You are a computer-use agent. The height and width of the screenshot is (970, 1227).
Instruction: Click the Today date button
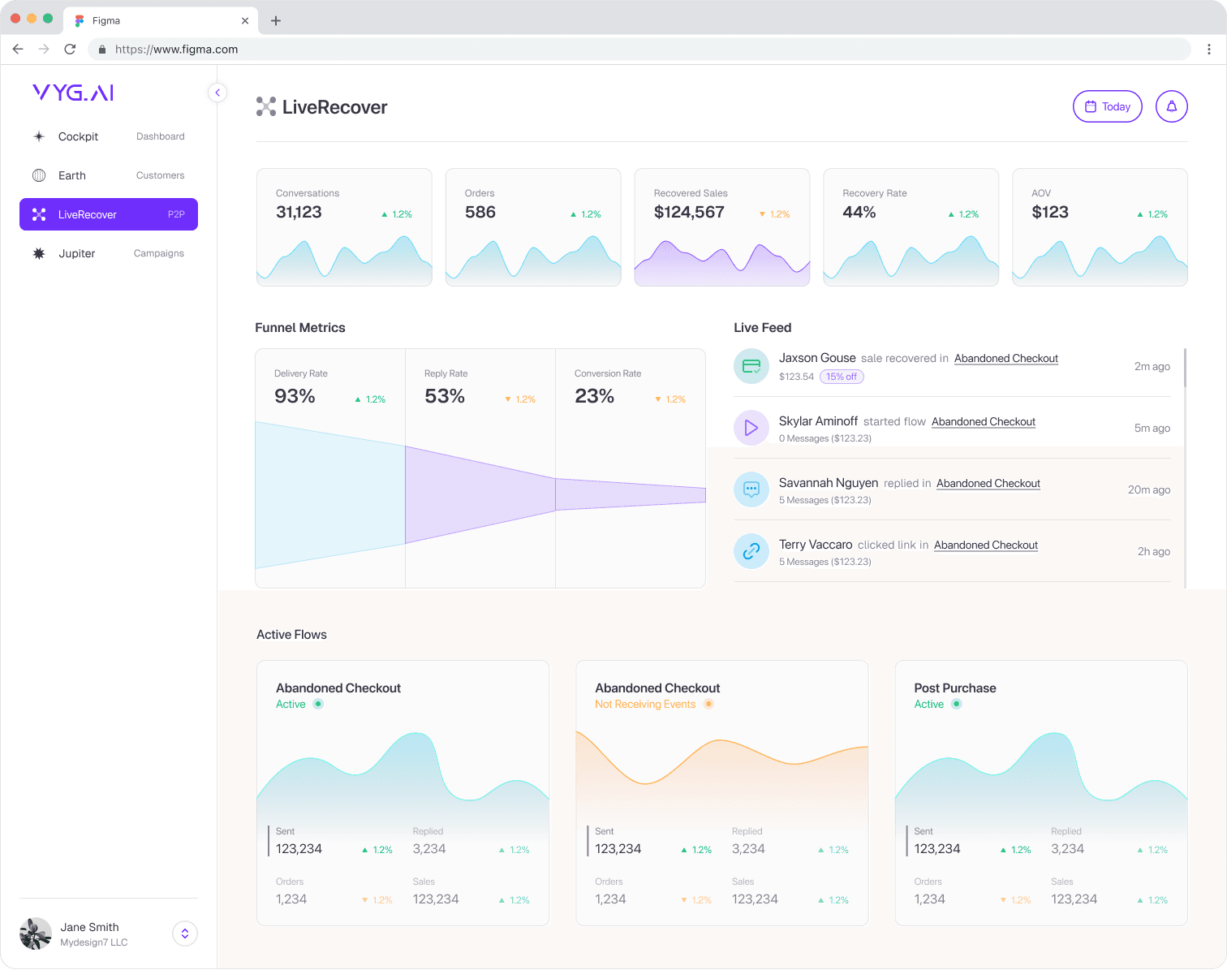(1107, 106)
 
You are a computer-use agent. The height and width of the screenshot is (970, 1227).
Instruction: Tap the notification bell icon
(1171, 106)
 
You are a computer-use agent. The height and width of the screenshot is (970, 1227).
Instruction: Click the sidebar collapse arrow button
(217, 93)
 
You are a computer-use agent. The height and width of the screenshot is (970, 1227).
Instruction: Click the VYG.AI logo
(73, 93)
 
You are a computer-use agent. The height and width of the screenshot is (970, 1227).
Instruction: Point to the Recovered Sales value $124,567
(689, 213)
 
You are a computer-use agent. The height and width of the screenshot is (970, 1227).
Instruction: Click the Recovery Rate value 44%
(859, 213)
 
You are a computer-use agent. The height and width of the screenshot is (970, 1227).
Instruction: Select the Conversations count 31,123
(299, 213)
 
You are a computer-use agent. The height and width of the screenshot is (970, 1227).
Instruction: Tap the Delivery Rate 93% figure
(295, 396)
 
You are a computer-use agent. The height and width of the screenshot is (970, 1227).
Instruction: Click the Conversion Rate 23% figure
(594, 396)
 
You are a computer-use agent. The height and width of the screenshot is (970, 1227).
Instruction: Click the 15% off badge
(842, 377)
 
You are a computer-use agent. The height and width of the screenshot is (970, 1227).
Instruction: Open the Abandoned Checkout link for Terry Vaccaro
(985, 545)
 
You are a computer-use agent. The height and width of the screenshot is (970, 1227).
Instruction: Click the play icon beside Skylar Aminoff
(751, 428)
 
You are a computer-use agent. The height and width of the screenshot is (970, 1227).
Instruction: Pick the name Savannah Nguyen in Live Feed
(828, 483)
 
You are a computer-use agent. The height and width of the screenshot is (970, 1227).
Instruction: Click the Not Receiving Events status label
(645, 704)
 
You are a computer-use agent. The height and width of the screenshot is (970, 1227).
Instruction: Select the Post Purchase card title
(954, 688)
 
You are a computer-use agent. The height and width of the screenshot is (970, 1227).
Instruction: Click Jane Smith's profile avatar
(36, 933)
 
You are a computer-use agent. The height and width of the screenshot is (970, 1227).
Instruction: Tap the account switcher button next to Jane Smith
(185, 933)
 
